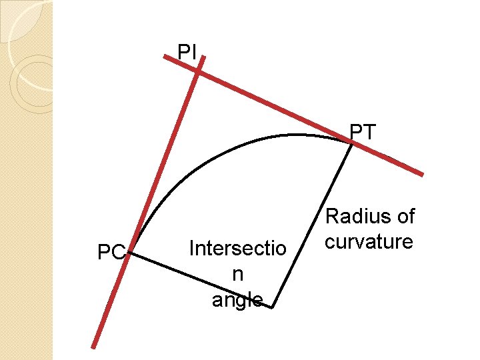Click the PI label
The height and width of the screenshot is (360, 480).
point(187,51)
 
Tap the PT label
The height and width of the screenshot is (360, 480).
point(363,132)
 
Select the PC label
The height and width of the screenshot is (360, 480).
point(111,253)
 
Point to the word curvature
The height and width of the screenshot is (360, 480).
point(369,241)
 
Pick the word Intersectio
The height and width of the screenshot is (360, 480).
point(238,249)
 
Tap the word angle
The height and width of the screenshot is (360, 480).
point(237,300)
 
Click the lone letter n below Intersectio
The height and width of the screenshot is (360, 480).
point(237,274)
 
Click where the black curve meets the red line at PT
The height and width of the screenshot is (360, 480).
point(351,142)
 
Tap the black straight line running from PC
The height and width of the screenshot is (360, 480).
point(200,279)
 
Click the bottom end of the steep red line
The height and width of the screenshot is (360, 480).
point(95,345)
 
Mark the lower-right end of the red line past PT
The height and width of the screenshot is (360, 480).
point(421,175)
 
